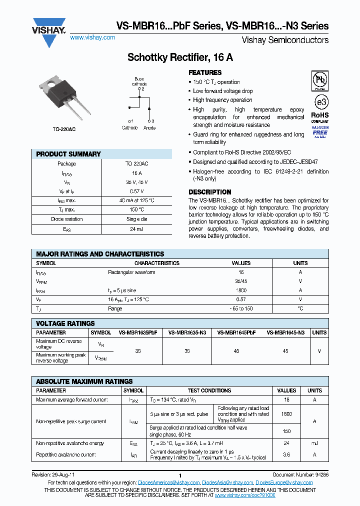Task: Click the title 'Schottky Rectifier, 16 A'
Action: [x=180, y=57]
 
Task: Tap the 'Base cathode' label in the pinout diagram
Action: [x=139, y=81]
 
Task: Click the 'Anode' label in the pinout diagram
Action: [x=149, y=128]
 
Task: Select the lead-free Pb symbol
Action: [x=320, y=80]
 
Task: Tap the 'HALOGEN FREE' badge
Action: [x=320, y=131]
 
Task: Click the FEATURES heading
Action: [x=205, y=72]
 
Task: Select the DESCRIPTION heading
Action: [x=209, y=192]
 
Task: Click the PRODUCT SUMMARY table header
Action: [x=68, y=154]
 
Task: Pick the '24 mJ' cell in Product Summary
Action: [x=136, y=229]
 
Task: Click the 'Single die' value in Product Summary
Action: [x=136, y=219]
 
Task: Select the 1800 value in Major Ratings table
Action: [x=241, y=290]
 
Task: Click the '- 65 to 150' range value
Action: [x=241, y=308]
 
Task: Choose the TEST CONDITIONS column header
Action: [x=209, y=390]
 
